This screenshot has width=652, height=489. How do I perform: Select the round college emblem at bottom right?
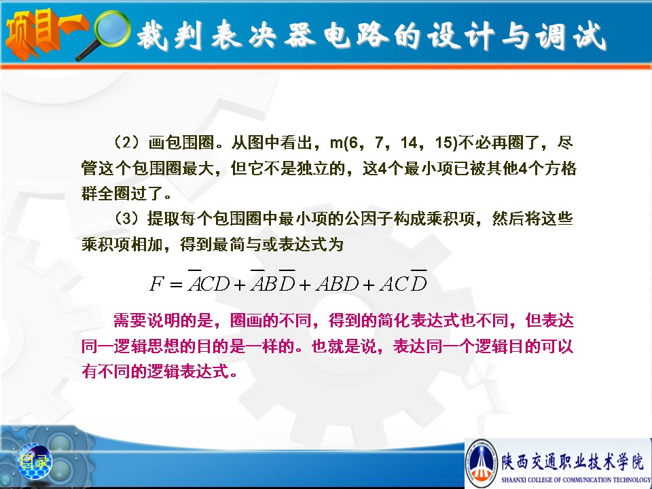(x=482, y=463)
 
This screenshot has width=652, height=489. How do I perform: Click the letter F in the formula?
(x=157, y=284)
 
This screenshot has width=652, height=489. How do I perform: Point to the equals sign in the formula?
(x=176, y=285)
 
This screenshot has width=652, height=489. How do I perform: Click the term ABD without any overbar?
(x=338, y=284)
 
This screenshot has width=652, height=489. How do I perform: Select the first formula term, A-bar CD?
(x=209, y=282)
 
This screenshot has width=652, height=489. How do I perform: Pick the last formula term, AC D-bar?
(x=403, y=282)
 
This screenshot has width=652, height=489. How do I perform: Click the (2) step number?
(x=127, y=142)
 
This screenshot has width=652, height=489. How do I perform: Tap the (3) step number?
(x=127, y=218)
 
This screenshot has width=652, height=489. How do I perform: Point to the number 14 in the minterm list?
(x=409, y=143)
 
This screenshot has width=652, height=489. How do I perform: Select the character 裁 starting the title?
(x=152, y=35)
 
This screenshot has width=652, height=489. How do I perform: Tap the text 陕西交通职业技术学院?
(x=572, y=461)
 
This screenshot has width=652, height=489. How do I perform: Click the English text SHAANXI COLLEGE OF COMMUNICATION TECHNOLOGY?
(x=575, y=479)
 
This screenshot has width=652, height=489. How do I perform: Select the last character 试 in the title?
(x=590, y=35)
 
